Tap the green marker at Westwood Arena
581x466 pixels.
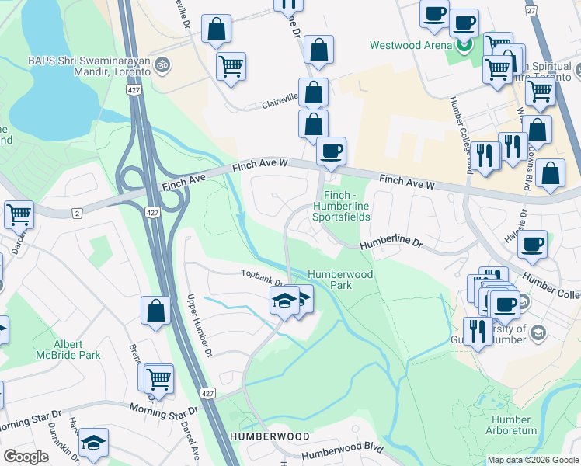point(464,45)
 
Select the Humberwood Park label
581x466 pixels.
point(340,280)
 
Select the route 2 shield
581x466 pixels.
point(76,213)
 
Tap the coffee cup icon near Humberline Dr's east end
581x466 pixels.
point(533,243)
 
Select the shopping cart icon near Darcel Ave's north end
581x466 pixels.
point(19,214)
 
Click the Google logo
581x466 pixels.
point(26,457)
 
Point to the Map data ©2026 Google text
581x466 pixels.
point(532,460)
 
